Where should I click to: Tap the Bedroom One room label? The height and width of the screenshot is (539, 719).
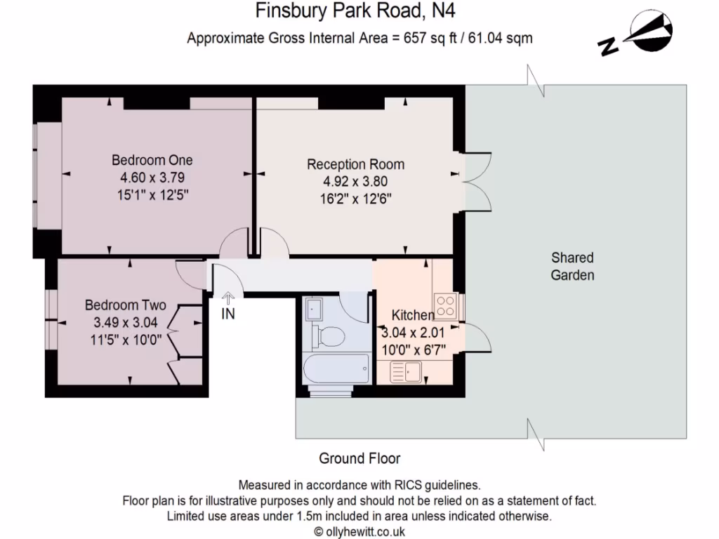pos(152,161)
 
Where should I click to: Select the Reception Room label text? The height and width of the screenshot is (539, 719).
pos(355,165)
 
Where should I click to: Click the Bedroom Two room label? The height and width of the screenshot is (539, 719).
pos(126,305)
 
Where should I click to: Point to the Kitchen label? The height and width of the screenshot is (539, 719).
pos(413,314)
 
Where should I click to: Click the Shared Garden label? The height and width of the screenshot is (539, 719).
pos(572,266)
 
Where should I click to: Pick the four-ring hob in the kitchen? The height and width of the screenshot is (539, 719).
pos(444,305)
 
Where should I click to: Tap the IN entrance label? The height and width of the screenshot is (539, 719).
pos(228,314)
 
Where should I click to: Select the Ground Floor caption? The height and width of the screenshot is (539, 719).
pos(359,458)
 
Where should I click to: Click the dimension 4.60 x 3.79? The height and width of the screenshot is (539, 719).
pos(152,178)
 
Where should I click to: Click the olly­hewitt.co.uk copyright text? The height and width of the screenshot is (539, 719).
pos(359,531)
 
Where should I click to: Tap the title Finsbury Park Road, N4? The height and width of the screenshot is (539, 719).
pos(359,11)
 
